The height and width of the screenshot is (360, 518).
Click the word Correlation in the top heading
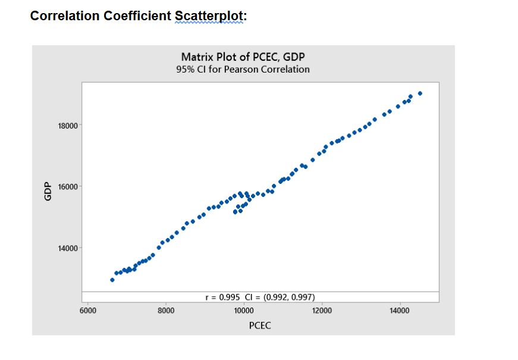65,16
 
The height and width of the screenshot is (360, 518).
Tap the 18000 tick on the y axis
62,126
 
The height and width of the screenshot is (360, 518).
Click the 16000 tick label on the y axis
62,187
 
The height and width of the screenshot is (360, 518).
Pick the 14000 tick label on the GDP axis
62,248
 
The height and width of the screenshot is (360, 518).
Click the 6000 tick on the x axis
87,311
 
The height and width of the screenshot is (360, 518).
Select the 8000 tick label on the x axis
166,311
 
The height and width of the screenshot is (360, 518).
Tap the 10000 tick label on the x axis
244,311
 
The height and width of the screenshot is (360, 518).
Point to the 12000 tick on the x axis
322,311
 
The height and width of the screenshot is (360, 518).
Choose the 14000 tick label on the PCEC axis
400,311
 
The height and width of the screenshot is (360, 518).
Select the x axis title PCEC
260,325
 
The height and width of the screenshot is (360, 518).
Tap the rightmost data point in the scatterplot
420,93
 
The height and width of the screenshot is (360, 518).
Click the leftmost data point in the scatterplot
112,280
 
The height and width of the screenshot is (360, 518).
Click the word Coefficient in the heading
137,16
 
